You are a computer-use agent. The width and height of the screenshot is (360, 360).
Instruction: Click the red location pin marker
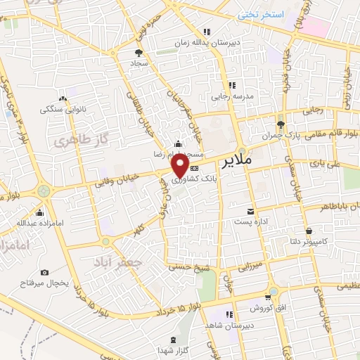(x=181, y=166)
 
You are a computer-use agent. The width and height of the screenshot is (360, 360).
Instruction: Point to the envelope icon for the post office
(x=250, y=211)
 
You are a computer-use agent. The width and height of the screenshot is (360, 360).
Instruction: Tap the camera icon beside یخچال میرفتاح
(x=45, y=272)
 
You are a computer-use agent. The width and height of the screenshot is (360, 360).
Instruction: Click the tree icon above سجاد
(x=138, y=52)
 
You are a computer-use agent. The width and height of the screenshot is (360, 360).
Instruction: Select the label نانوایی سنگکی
(x=63, y=110)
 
